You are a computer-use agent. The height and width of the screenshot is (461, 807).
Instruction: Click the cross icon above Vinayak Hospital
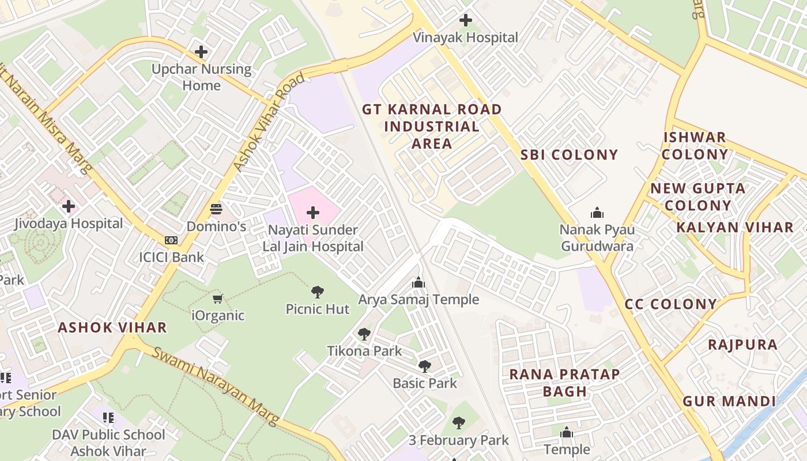pos(466,20)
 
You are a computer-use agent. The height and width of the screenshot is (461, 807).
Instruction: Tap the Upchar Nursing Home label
pos(201,77)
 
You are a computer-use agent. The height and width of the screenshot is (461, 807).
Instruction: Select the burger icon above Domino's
pos(217,209)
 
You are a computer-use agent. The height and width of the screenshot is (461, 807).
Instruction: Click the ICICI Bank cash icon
pos(171,240)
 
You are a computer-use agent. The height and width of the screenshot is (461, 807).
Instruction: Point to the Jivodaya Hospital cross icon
pos(69,206)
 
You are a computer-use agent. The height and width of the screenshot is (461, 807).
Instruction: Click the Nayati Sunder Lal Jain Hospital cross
pos(313,213)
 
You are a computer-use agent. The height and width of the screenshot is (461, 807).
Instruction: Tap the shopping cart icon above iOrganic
pos(218,298)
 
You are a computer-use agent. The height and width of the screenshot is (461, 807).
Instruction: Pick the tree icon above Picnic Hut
pos(318,292)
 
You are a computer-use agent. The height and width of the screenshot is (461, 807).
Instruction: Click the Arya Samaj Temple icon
pos(418,282)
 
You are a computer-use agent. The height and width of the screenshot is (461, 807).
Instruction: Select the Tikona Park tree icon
pos(364,334)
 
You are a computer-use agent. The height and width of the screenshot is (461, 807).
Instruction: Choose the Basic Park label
pos(425,383)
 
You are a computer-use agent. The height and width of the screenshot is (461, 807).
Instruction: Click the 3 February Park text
pos(459,441)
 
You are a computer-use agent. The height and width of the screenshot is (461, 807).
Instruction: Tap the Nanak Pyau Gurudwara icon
pos(597,213)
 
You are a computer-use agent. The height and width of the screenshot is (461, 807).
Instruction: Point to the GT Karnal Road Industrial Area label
pos(432,126)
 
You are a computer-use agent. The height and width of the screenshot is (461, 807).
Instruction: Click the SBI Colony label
pos(569,155)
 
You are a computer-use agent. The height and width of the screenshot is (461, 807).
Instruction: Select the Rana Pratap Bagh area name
pos(564,383)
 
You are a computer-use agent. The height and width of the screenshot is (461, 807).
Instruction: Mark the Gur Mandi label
pos(729,402)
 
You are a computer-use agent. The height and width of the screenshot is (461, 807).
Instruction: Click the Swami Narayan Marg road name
pos(216,387)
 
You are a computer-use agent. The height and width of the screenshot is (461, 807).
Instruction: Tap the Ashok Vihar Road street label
pos(269,123)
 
